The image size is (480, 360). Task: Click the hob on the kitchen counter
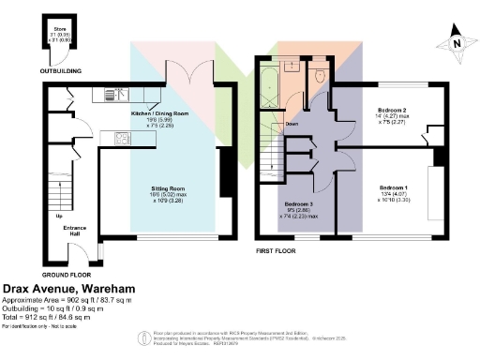click(x=121, y=139)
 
